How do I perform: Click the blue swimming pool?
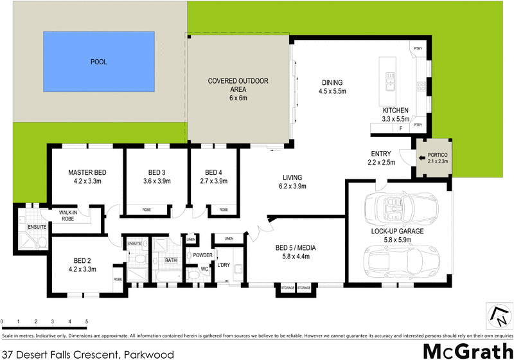(99, 62)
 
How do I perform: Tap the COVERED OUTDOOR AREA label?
(238, 81)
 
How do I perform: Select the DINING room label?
(332, 82)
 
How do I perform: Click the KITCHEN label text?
(395, 110)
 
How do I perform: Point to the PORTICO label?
(435, 156)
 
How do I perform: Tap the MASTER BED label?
(87, 173)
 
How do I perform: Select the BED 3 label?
(157, 172)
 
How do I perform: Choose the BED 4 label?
(213, 172)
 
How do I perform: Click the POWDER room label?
(203, 255)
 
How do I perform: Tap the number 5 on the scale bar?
(86, 321)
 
